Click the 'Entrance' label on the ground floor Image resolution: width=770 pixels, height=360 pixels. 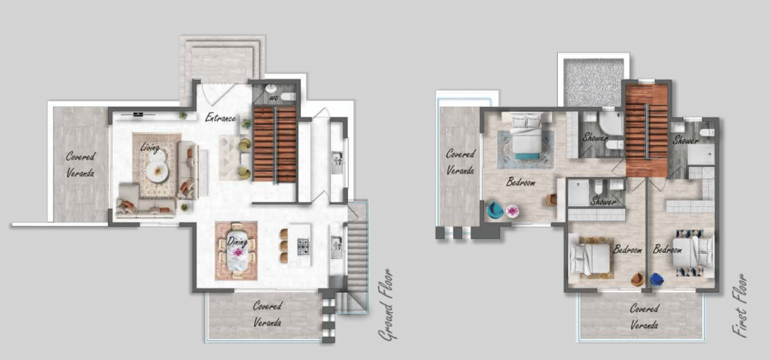221,118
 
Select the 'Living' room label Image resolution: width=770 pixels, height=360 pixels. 149,147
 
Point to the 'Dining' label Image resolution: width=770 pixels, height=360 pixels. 238,242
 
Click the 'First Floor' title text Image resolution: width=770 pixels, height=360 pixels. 740,306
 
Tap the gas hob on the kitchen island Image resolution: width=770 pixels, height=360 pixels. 303,246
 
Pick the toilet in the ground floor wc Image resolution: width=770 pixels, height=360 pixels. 287,97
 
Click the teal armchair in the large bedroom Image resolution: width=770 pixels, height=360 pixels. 494,210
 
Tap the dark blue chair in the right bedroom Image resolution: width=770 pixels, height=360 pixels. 656,279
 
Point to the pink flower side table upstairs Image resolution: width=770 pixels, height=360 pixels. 513,211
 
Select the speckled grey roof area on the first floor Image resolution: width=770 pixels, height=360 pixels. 594,82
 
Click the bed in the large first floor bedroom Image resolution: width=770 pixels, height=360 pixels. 526,136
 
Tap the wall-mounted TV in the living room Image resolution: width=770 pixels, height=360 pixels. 138,114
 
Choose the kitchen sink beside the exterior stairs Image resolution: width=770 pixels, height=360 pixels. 337,243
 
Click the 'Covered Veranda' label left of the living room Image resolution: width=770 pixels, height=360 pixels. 80,165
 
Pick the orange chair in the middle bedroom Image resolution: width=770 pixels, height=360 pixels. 637,279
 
